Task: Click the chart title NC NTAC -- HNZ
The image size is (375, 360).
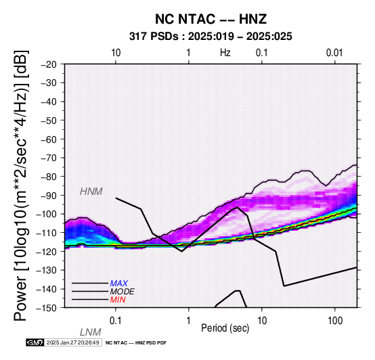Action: coord(211,19)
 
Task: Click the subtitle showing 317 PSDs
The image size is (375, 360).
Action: coord(211,37)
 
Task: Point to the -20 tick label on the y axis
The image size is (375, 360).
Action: coord(49,64)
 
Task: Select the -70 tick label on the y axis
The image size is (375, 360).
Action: coord(49,158)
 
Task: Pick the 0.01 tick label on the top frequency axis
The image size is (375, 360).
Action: coord(335,53)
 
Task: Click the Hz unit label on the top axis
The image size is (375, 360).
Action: coord(225,53)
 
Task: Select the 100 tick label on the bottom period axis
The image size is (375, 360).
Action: coord(335,321)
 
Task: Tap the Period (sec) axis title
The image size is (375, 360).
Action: coord(225,328)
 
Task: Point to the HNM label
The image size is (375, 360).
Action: coord(91,192)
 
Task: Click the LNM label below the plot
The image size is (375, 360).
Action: coord(91,332)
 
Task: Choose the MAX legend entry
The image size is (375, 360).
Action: coord(119,284)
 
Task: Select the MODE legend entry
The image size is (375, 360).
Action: coord(123,292)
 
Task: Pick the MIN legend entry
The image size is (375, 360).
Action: coord(118,300)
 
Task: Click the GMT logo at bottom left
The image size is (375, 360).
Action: coord(35,342)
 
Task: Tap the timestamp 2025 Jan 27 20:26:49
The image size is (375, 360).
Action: coord(72,342)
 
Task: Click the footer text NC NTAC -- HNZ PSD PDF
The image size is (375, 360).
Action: coord(136,343)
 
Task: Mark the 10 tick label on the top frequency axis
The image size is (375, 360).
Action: coord(116,53)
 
